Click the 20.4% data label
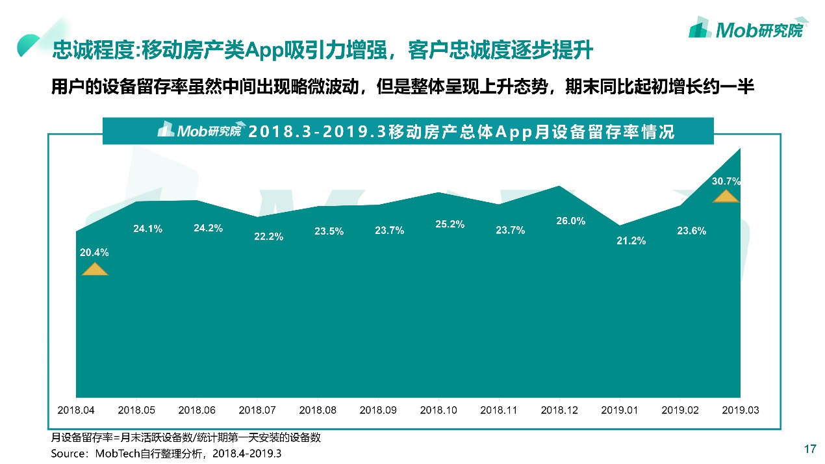(x=94, y=253)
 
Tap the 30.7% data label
(x=726, y=181)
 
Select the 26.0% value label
(x=570, y=221)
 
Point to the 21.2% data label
(x=631, y=241)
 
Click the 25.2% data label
(x=450, y=224)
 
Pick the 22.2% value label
(x=268, y=237)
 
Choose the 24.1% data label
(x=147, y=229)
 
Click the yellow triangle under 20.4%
(x=95, y=269)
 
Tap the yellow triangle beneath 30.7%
(x=726, y=196)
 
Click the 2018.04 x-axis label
(x=76, y=411)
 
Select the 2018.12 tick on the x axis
(x=559, y=411)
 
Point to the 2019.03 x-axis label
(x=741, y=411)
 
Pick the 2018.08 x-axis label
(x=318, y=411)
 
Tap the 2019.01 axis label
(x=620, y=411)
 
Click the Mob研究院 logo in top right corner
(x=746, y=28)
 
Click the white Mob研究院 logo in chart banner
(x=199, y=131)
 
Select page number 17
(x=809, y=449)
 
